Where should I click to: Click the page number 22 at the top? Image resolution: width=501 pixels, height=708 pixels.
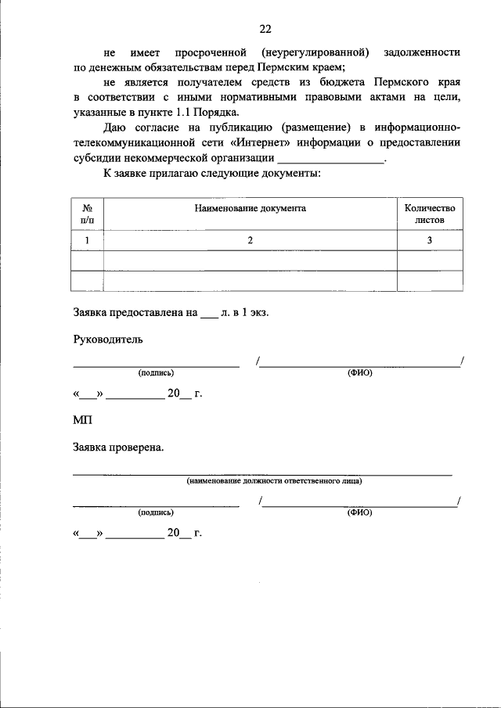(265, 29)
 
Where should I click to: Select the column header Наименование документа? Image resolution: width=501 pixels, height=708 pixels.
(250, 209)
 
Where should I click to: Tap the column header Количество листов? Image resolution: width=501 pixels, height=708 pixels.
(429, 214)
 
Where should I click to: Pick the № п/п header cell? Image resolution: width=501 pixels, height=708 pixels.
(88, 214)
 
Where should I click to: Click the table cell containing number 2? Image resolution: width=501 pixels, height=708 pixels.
(250, 241)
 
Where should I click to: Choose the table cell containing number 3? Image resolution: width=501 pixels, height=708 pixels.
(429, 241)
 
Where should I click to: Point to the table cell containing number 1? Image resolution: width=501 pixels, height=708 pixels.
(88, 241)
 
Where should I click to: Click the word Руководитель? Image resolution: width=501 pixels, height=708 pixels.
(108, 340)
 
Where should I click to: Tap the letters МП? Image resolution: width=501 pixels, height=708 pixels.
(82, 421)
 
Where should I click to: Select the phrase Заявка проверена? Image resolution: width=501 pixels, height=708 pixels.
(118, 448)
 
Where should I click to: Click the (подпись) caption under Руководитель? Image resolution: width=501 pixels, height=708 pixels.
(156, 373)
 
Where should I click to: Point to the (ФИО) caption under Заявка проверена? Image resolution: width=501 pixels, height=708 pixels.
(360, 512)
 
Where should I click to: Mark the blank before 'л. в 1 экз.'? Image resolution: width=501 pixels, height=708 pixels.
(209, 314)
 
